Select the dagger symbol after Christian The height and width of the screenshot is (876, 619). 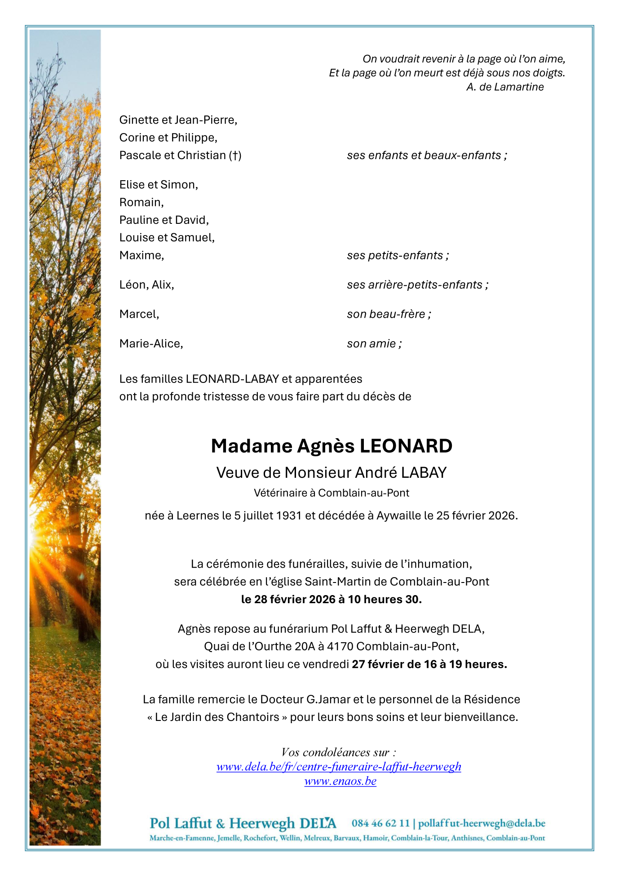(235, 156)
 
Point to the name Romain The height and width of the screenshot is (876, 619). (141, 203)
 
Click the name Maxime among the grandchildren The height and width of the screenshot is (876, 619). (141, 256)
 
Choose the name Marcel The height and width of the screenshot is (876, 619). (138, 314)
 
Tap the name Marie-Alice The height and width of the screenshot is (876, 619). (150, 344)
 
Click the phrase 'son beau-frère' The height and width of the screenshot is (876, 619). (388, 314)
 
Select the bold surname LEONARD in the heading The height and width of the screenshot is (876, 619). (406, 446)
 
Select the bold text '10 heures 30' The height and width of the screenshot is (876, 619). (385, 600)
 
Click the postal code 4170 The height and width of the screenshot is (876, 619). (340, 647)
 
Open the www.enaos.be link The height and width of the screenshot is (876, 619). (340, 781)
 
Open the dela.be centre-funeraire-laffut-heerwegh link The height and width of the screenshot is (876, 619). (339, 767)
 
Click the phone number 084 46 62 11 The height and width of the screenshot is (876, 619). (380, 823)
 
